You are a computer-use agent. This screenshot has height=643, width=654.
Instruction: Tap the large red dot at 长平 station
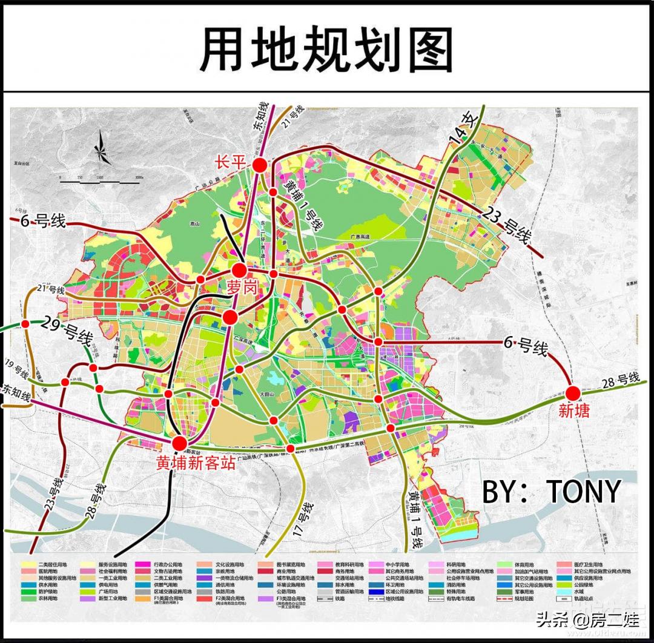pos(260,165)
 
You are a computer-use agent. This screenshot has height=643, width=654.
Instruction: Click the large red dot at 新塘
pos(573,394)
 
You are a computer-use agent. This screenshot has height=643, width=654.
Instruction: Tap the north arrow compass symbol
pos(101,148)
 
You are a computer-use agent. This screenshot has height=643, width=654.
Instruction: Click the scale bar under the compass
pos(100,180)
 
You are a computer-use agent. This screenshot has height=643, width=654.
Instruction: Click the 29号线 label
pos(67,329)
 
